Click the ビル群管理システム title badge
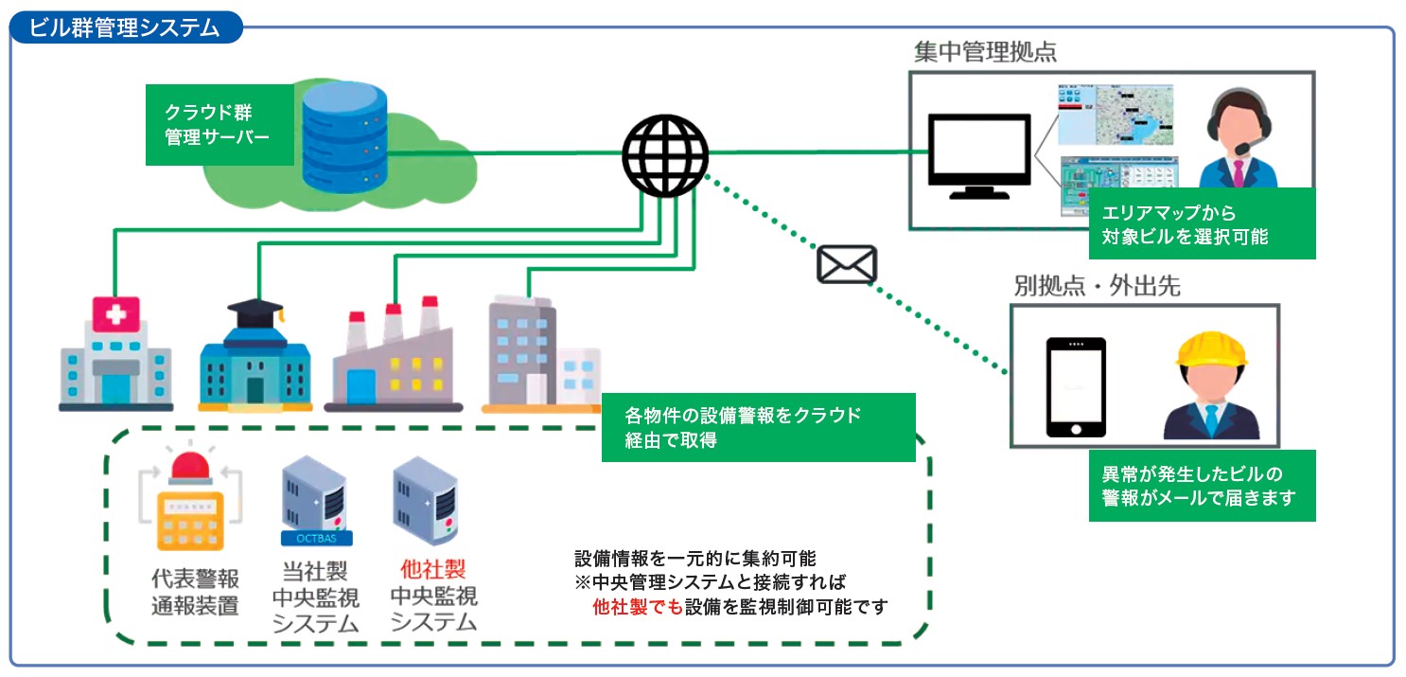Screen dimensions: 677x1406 126,27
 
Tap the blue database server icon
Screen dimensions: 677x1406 345,135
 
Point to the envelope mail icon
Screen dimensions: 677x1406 847,264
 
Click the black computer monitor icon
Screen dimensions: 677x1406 978,153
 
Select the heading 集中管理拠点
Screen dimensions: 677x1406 985,52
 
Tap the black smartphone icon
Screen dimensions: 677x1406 1076,387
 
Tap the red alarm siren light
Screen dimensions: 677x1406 190,467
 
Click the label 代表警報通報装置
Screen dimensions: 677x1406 195,592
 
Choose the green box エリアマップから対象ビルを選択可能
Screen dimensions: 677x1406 1202,224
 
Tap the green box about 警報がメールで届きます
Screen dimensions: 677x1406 1202,486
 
